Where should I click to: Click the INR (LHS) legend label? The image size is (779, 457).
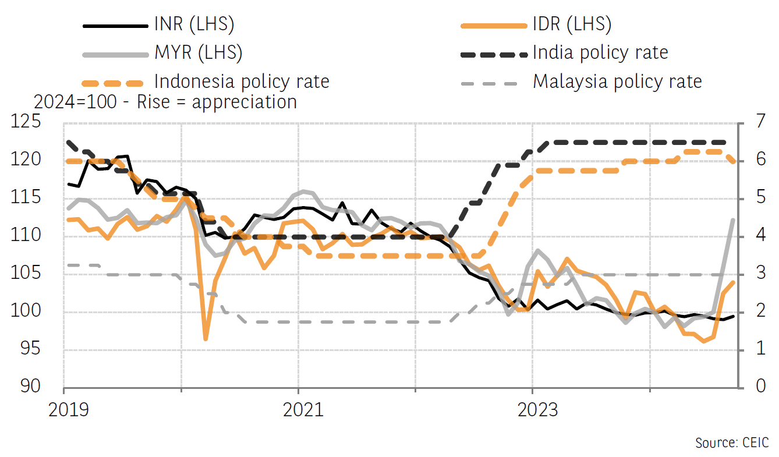pos(194,24)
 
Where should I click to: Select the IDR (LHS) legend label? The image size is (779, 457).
pos(572,24)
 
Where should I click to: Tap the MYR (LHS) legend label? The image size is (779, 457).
pos(198,53)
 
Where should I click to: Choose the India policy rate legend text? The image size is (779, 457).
pos(600,53)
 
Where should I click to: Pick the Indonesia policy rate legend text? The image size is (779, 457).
pos(242,81)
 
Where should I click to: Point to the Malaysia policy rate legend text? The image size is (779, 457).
pos(617,81)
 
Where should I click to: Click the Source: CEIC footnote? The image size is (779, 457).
pos(732,442)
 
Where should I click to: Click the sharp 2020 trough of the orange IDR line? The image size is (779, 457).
pos(205,339)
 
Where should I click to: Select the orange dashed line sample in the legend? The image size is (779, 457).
pos(113,82)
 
